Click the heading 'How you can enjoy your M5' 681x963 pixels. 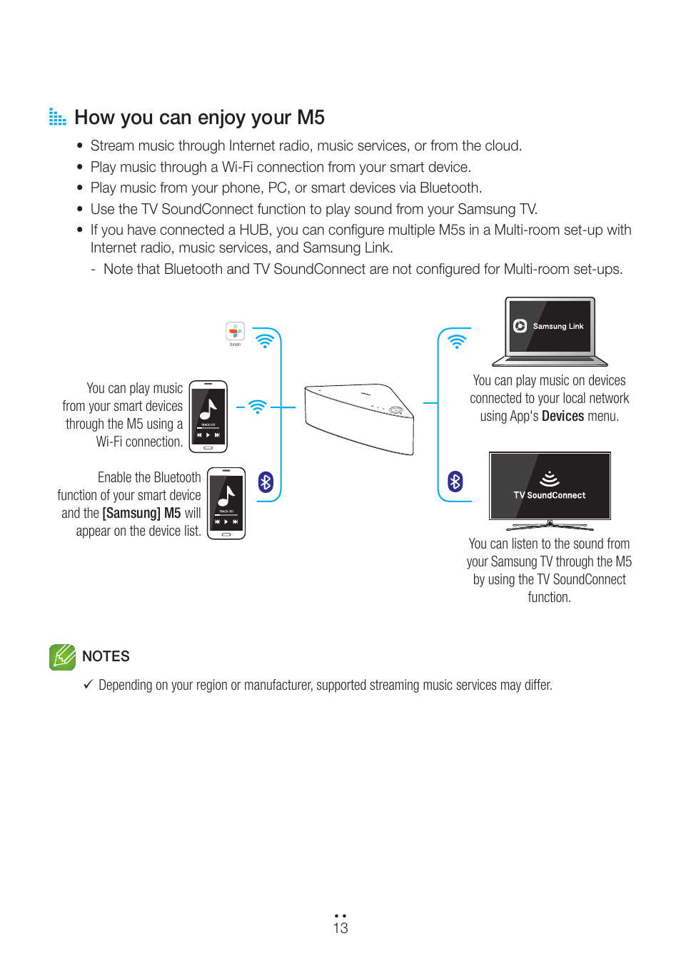[199, 118]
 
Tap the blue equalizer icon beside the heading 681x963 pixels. [57, 117]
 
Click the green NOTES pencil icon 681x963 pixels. [62, 657]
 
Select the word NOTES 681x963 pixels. [106, 656]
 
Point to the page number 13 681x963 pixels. [340, 928]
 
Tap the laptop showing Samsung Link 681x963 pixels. [550, 331]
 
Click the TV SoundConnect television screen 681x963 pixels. [550, 486]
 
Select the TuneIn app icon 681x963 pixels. [235, 332]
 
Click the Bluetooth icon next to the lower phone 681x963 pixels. [266, 482]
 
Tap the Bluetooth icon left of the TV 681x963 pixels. [455, 481]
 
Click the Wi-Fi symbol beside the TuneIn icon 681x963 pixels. [265, 341]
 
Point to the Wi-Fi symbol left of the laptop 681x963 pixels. [457, 341]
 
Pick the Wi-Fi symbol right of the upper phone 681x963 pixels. [258, 407]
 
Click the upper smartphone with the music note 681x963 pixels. [208, 417]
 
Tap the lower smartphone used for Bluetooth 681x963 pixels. [226, 504]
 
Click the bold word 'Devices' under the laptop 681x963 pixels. [563, 417]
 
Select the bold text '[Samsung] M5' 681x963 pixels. [141, 514]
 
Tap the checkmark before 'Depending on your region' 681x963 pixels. [88, 685]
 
